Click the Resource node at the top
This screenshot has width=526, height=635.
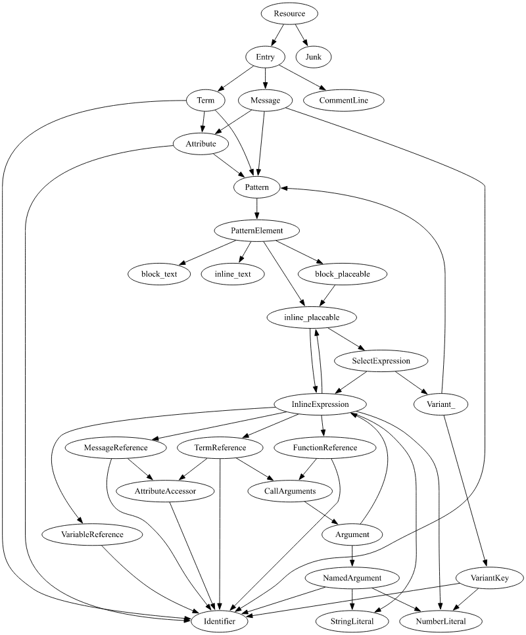tap(289, 13)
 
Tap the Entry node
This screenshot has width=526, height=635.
tap(265, 57)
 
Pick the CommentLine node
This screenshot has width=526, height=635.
tap(344, 101)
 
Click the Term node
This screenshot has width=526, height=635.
tap(202, 101)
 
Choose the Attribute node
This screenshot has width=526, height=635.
tap(201, 143)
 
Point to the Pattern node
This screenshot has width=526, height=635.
tap(256, 187)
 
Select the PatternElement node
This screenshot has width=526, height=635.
tap(256, 231)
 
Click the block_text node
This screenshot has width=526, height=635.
tap(159, 274)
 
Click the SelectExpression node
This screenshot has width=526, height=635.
tap(381, 361)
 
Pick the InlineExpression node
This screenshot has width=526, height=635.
tap(320, 404)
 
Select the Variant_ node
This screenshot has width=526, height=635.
tap(441, 404)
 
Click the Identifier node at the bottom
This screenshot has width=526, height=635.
tap(220, 620)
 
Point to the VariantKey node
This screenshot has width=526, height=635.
tap(488, 577)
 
